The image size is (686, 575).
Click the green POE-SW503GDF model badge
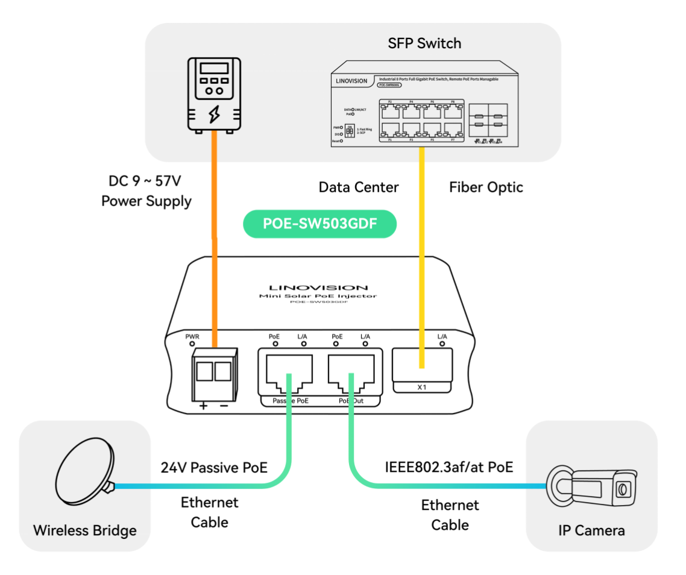[319, 224]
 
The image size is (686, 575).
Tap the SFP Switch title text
[424, 43]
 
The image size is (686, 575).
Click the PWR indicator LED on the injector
[192, 344]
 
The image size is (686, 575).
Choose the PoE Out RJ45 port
[353, 370]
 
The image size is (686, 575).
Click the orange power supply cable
[213, 241]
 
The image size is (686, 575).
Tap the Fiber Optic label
[486, 187]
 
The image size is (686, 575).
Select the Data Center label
[359, 187]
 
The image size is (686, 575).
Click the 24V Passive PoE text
[214, 467]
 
